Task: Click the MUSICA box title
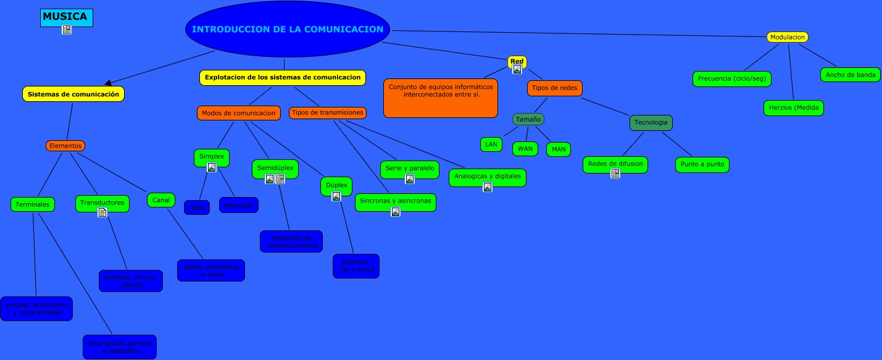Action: tap(65, 16)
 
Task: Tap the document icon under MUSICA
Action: tap(67, 30)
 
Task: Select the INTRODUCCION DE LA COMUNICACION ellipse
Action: tap(288, 29)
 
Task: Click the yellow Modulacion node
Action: tap(787, 37)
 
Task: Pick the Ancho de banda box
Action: tap(850, 75)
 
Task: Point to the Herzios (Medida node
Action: tap(793, 107)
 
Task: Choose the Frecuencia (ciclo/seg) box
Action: tap(732, 79)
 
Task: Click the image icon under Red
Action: tap(517, 69)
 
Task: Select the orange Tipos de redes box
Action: tap(555, 88)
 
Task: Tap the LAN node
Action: tap(491, 144)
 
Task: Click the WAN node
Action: tap(525, 149)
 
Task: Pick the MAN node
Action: tap(559, 149)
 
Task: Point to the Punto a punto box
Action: tap(702, 165)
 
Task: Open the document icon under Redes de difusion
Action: tap(615, 174)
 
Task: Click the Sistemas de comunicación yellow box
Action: tap(73, 94)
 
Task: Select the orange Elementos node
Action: tap(65, 146)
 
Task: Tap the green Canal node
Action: tap(161, 200)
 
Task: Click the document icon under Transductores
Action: tap(102, 212)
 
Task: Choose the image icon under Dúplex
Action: tap(336, 196)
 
